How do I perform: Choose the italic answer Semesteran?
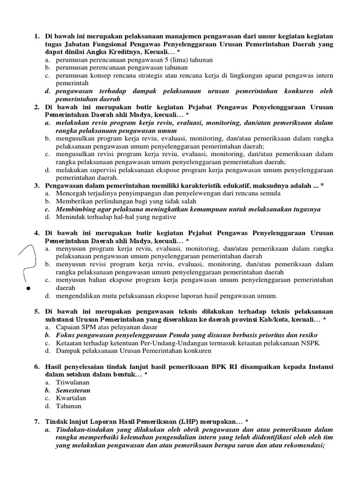pos(73,390)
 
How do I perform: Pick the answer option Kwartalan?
pos(71,398)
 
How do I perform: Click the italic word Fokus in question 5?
pos(66,335)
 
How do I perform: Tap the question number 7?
pos(37,421)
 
